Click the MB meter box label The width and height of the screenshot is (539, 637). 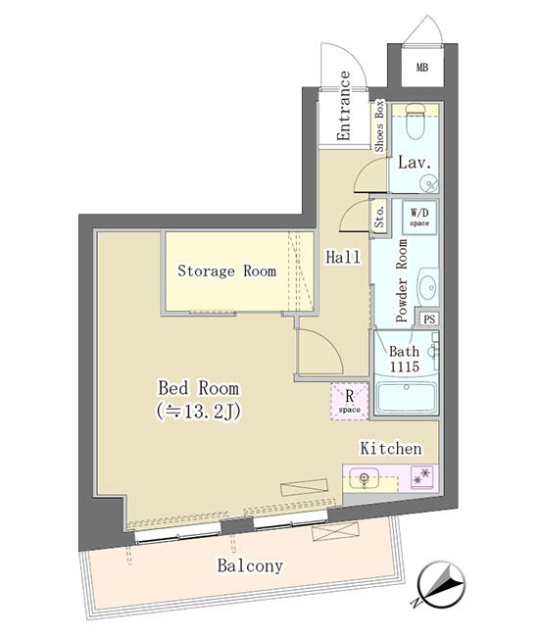[422, 67]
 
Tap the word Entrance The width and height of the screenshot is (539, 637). [344, 106]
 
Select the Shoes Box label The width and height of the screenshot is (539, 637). [379, 126]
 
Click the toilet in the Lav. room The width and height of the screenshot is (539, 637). [416, 121]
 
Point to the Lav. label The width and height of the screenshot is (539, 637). [414, 163]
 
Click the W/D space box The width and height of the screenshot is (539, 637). [419, 217]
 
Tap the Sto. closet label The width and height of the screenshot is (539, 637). [379, 217]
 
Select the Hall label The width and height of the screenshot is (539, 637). [343, 257]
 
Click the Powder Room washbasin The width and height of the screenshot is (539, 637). [428, 287]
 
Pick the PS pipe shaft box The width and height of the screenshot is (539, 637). [429, 318]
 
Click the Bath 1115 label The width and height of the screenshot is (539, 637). [404, 359]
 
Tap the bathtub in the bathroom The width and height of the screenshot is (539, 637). [407, 397]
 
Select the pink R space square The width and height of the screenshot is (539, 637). [349, 401]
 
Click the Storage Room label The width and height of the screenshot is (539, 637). [227, 270]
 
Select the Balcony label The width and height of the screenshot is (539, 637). [250, 565]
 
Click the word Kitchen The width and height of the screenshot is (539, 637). [391, 449]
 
